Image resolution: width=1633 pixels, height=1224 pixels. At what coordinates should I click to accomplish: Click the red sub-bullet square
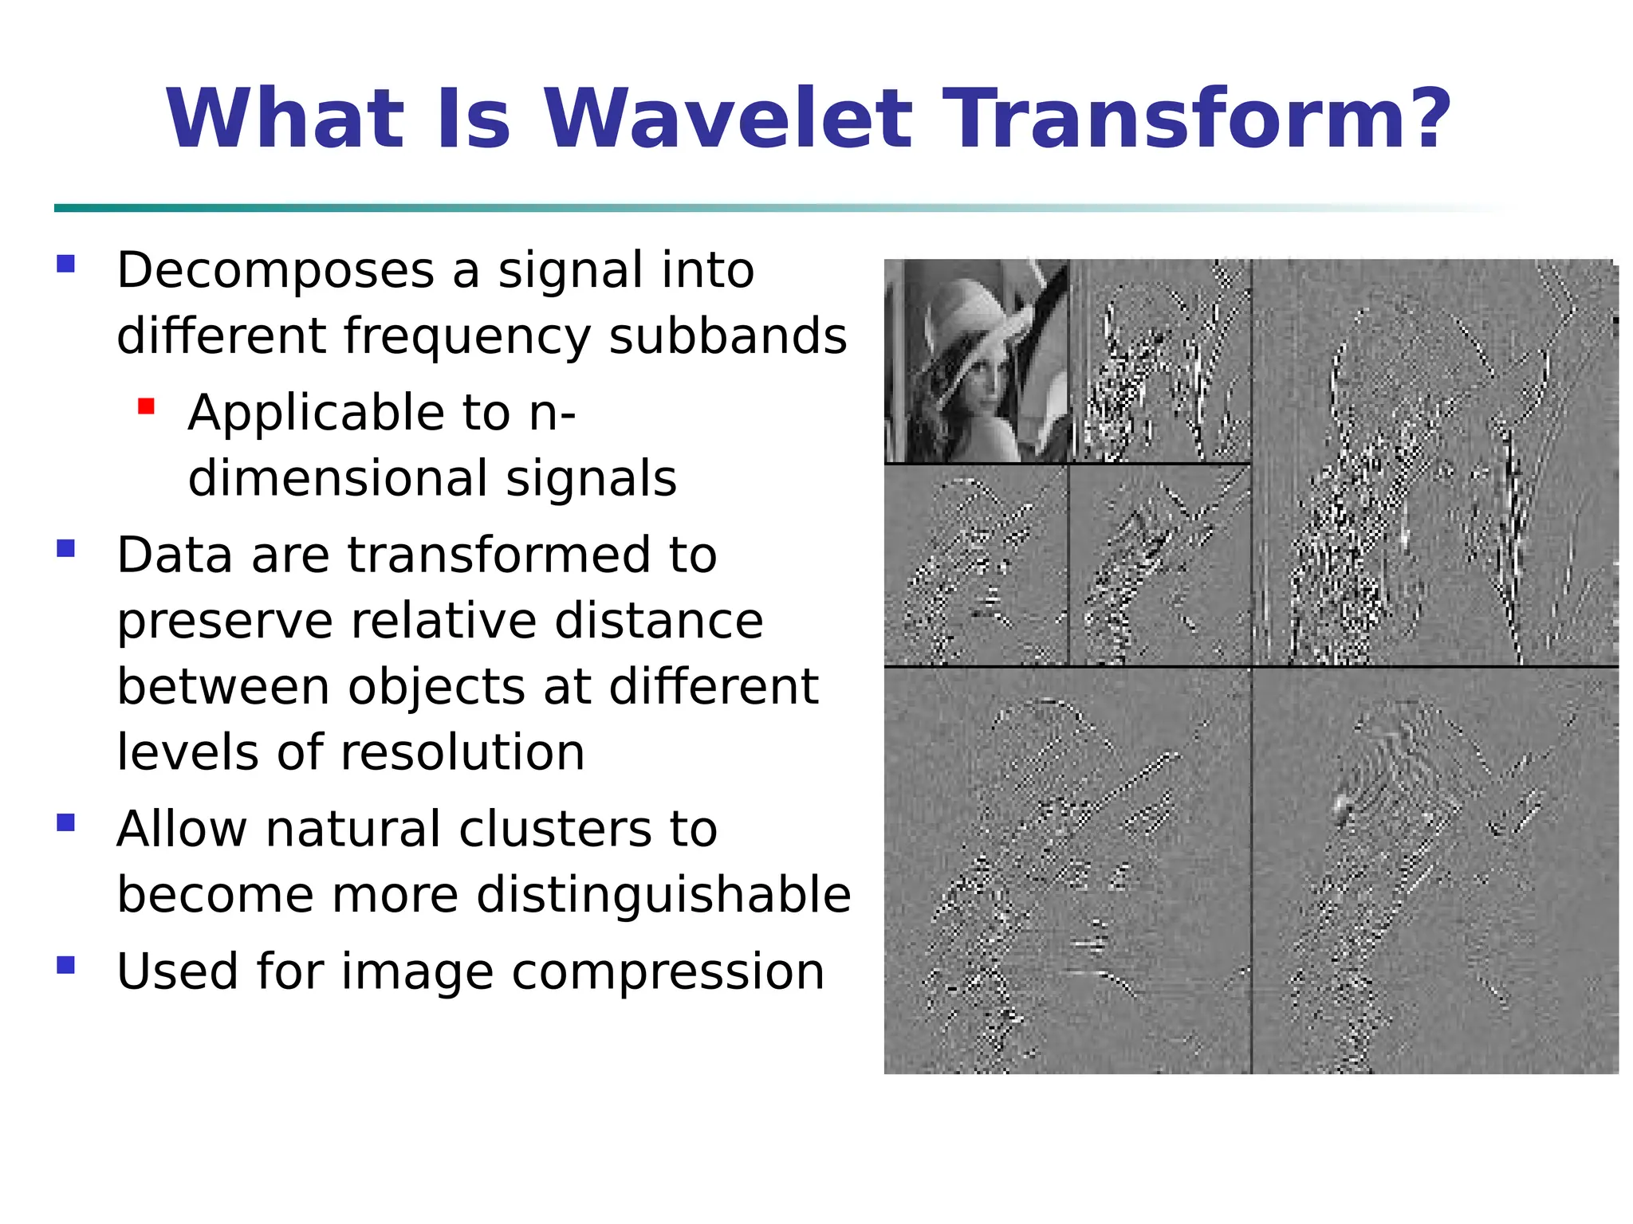click(146, 407)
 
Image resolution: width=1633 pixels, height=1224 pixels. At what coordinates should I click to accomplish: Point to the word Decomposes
click(275, 271)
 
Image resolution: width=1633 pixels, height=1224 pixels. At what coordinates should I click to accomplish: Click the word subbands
click(727, 335)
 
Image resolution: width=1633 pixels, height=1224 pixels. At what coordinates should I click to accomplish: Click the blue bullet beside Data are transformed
click(66, 548)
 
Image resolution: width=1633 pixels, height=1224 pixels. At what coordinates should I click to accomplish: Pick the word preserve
click(224, 622)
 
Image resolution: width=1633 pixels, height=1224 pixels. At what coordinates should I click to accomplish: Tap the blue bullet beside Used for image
click(66, 965)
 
